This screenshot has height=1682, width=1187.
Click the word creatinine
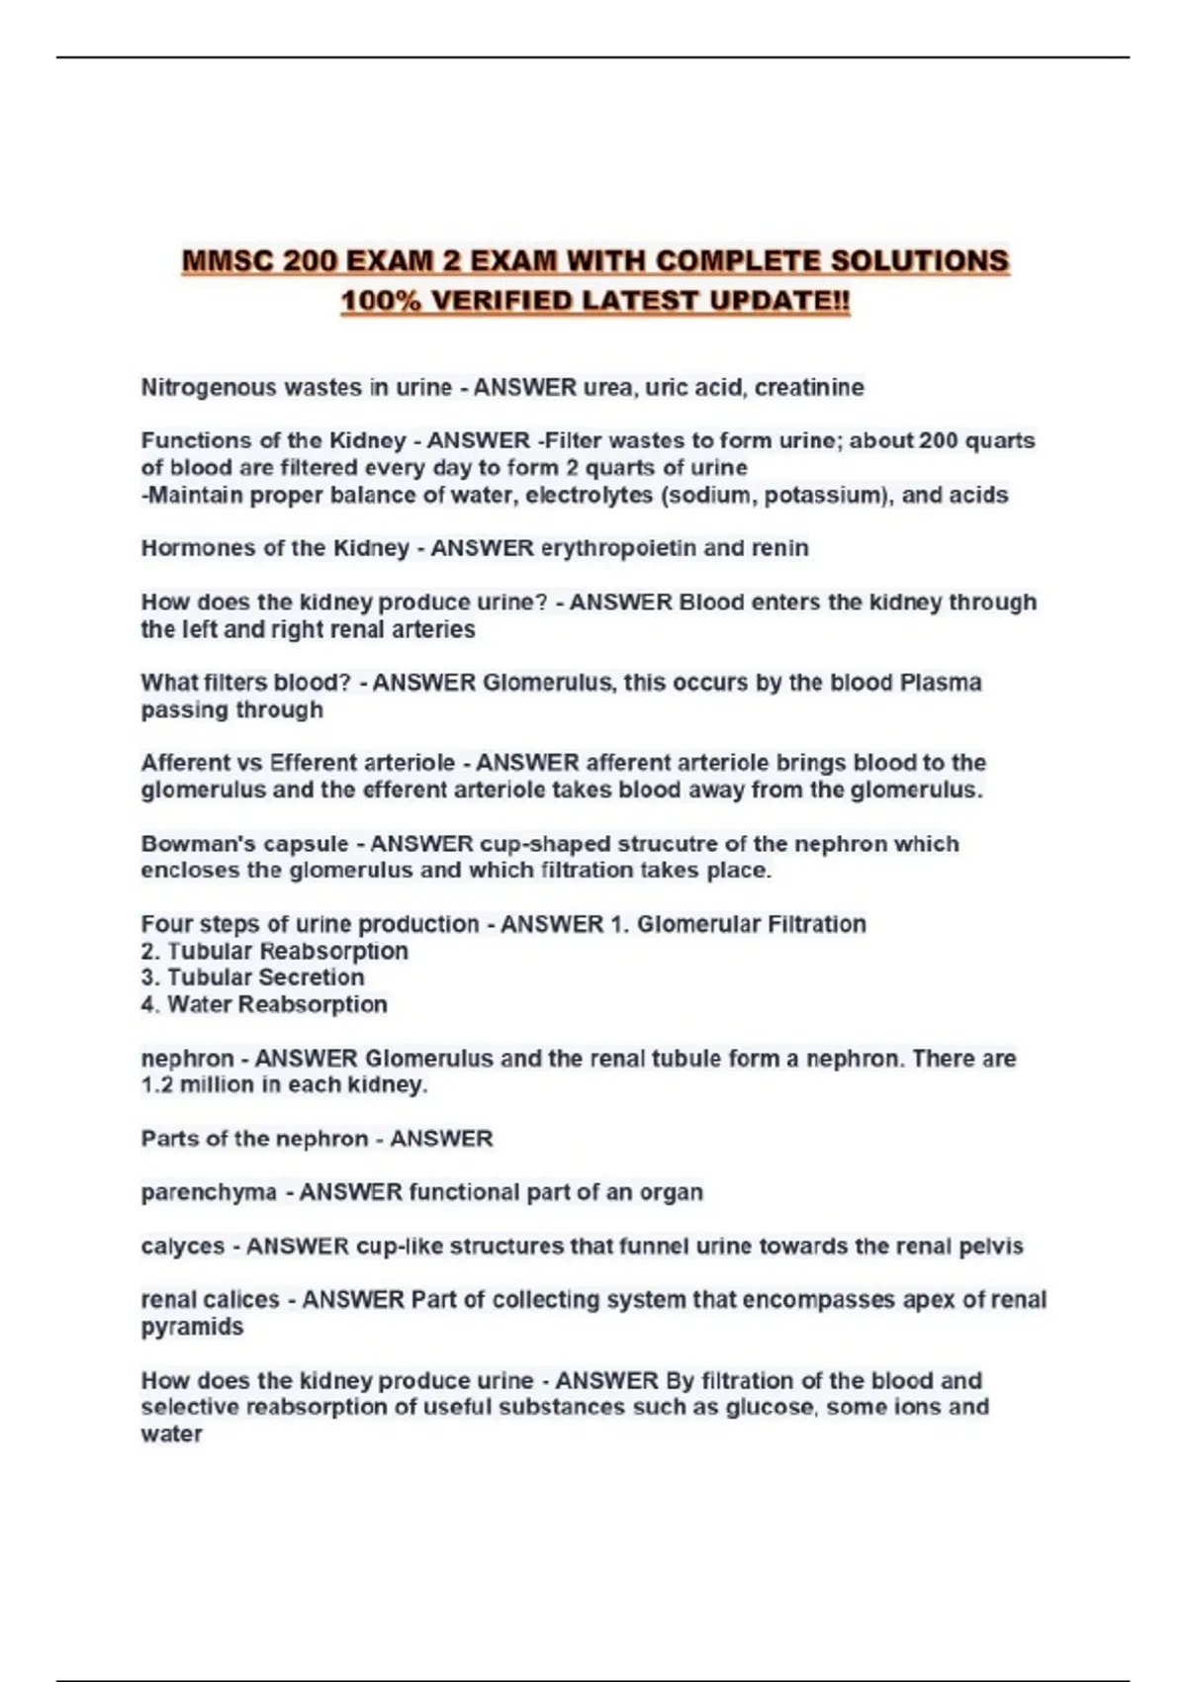pyautogui.click(x=809, y=388)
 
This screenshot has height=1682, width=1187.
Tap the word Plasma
pyautogui.click(x=940, y=683)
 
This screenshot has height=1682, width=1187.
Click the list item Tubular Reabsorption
pyautogui.click(x=287, y=951)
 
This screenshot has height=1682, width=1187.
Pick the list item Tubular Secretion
pyautogui.click(x=265, y=978)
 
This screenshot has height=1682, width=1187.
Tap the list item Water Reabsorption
pyautogui.click(x=277, y=1004)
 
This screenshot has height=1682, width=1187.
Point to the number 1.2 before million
pyautogui.click(x=156, y=1084)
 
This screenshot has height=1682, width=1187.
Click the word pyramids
pyautogui.click(x=192, y=1327)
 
